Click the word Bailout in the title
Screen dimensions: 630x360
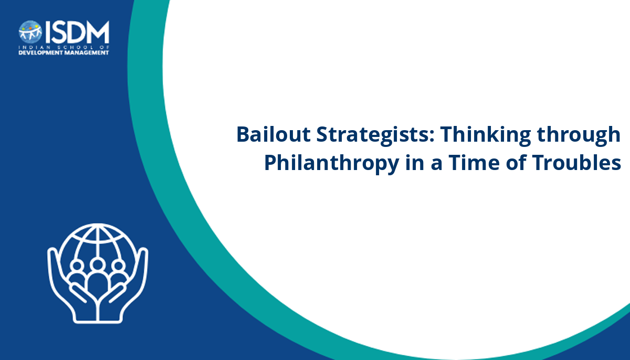click(274, 134)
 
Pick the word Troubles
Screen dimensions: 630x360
click(576, 163)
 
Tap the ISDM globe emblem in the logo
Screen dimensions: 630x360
click(30, 32)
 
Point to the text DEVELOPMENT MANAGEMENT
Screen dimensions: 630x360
click(64, 53)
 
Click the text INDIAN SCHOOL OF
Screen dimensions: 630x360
click(64, 47)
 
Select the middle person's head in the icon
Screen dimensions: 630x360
click(98, 264)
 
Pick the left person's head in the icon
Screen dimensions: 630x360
click(77, 266)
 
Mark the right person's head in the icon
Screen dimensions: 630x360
click(119, 266)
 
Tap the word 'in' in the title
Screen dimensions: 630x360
click(415, 163)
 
